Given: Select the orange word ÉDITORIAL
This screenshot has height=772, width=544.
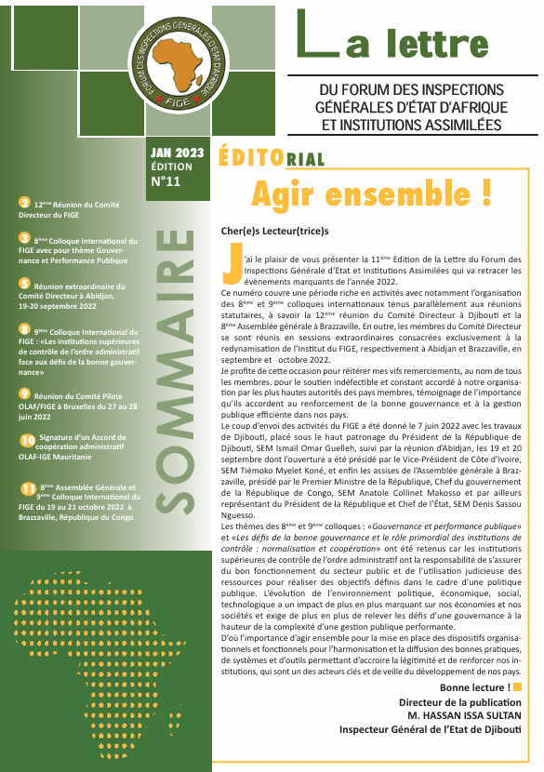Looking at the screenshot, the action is coord(272,157).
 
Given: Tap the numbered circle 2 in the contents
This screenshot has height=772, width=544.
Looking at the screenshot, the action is coord(24,202).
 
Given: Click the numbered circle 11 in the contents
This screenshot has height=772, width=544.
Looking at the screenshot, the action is coord(27,488).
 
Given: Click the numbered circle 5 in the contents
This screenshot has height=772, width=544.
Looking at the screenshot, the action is coord(24,283).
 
